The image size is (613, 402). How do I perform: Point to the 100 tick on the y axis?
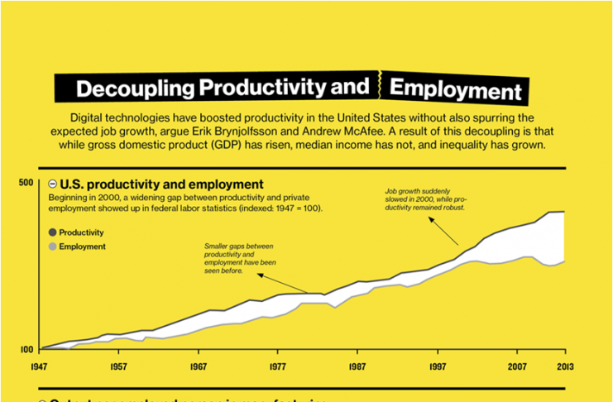[25, 349]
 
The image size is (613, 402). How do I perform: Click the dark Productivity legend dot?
[52, 233]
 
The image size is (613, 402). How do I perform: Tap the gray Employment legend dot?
[52, 246]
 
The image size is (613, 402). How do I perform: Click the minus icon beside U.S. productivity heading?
[52, 184]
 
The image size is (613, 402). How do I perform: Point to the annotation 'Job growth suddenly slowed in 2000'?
[424, 199]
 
